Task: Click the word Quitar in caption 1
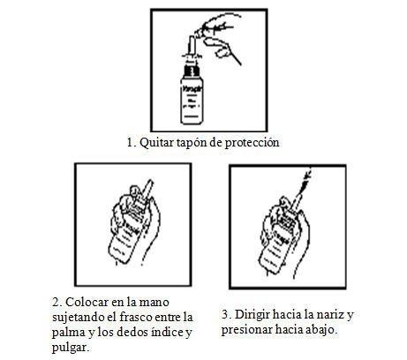pos(157,143)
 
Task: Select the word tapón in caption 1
pos(192,143)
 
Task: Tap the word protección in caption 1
pos(252,143)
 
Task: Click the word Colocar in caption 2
pos(87,303)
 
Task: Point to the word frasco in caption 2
pos(136,318)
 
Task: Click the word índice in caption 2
pos(167,333)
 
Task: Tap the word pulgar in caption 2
pos(70,348)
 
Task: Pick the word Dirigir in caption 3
pos(252,315)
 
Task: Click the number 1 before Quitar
pos(131,143)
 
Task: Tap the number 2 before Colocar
pos(57,303)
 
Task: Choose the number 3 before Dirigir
pos(226,315)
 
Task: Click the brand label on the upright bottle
pos(191,88)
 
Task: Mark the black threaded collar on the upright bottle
pos(191,71)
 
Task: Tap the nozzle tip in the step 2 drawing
pos(152,182)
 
